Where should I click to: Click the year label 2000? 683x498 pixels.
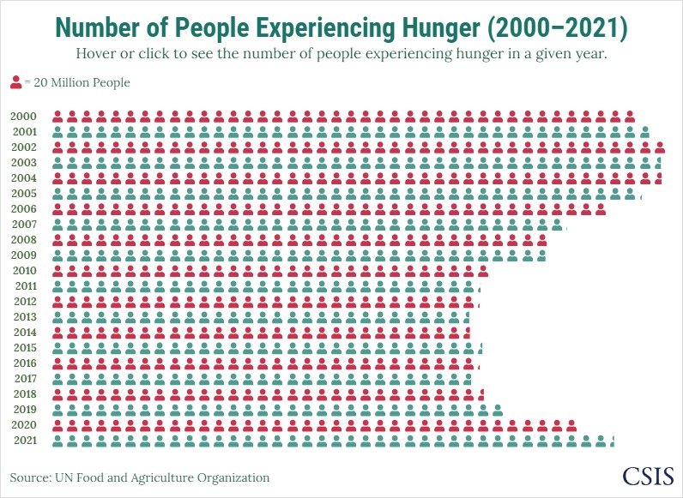point(24,116)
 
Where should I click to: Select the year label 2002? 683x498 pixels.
point(24,147)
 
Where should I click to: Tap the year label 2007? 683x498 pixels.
point(24,224)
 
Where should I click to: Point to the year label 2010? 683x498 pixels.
point(24,270)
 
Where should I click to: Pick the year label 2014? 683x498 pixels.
point(24,332)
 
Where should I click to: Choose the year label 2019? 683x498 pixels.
point(24,409)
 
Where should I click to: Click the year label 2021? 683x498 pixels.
point(24,440)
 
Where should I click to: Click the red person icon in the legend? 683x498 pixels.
point(15,83)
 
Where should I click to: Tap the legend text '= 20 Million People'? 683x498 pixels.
point(77,83)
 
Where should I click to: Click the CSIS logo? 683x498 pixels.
point(648,476)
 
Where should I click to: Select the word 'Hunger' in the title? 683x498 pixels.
point(437,28)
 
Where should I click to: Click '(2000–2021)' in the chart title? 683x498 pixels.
point(557,28)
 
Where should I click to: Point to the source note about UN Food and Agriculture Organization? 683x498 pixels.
point(140,477)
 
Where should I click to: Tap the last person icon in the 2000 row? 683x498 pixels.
point(629,117)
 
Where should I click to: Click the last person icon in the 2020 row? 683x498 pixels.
point(571,425)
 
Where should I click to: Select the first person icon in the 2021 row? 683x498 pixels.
point(58,441)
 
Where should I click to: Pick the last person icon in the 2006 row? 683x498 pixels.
point(600,209)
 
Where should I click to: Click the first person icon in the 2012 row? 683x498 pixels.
point(58,302)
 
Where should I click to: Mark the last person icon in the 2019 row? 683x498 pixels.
point(498,410)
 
